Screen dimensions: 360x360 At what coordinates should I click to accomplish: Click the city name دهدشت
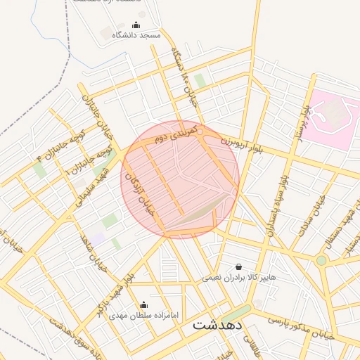pyautogui.click(x=217, y=325)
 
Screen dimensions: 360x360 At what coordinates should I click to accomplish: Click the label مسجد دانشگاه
pyautogui.click(x=141, y=34)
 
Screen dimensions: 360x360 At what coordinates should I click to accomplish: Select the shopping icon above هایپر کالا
pyautogui.click(x=239, y=267)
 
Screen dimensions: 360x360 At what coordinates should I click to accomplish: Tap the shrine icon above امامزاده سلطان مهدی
pyautogui.click(x=144, y=305)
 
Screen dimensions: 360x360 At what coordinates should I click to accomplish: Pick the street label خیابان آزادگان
pyautogui.click(x=138, y=194)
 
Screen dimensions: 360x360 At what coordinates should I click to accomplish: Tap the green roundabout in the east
pyautogui.click(x=321, y=260)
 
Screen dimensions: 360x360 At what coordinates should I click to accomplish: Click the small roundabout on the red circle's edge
pyautogui.click(x=200, y=131)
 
